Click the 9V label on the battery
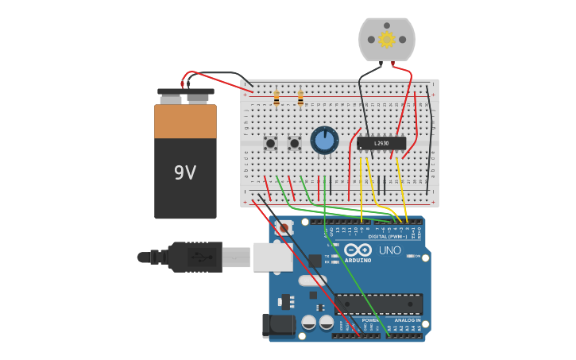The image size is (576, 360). (x=184, y=172)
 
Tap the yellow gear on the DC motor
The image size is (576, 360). (x=387, y=39)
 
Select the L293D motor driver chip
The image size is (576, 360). (x=381, y=143)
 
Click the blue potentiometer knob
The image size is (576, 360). (x=324, y=141)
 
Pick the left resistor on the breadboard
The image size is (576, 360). (x=276, y=98)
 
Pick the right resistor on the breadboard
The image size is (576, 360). (x=300, y=98)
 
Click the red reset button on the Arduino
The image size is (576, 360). (x=284, y=227)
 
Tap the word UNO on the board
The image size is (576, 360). (x=390, y=250)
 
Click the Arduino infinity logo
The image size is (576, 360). (x=358, y=250)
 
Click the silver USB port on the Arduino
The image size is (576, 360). (x=273, y=257)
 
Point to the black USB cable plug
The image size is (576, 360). (x=195, y=257)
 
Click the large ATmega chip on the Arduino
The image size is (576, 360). (x=378, y=304)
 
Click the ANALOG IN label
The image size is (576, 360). (x=408, y=320)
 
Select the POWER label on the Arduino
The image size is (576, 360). (x=371, y=320)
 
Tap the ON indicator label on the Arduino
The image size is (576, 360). (x=417, y=256)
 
